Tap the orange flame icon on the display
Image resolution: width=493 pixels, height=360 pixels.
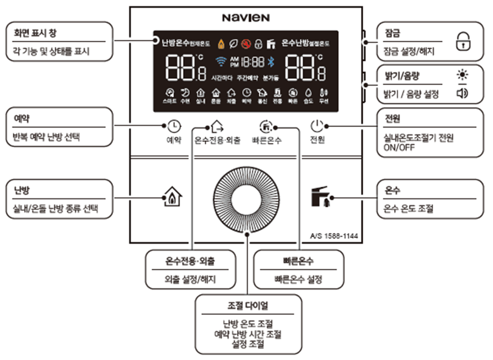click(221, 42)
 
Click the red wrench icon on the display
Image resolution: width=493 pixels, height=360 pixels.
click(245, 42)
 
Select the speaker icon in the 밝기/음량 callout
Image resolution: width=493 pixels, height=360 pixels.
click(462, 93)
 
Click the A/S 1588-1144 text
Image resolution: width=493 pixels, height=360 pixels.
click(334, 236)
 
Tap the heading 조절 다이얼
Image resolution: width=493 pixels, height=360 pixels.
click(248, 306)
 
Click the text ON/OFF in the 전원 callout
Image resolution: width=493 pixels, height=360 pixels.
click(396, 148)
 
